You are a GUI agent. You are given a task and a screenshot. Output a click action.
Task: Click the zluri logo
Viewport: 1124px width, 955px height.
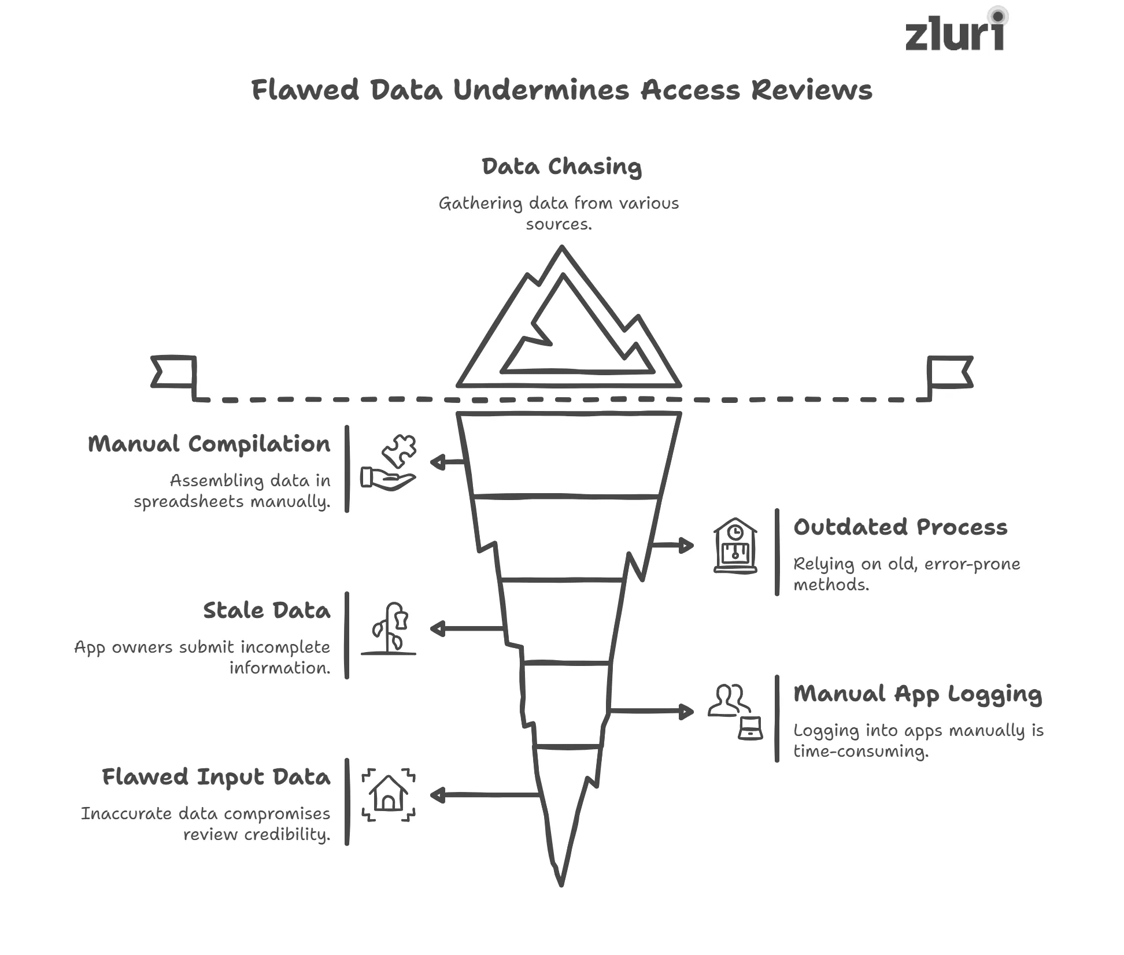click(955, 32)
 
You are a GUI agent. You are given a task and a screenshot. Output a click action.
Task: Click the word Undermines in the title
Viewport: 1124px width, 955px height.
click(541, 91)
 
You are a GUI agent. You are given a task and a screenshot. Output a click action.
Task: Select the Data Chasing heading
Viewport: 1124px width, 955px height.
click(561, 167)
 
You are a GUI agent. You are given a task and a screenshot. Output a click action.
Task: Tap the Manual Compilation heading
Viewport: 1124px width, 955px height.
click(209, 445)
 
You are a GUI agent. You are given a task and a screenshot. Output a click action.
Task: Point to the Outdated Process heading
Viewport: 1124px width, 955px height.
click(900, 528)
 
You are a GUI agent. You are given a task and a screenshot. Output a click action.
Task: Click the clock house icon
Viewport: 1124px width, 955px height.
click(735, 546)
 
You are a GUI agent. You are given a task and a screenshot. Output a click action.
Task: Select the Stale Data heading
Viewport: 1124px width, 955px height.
click(267, 611)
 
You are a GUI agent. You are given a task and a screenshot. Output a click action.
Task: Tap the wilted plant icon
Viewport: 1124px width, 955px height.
click(389, 629)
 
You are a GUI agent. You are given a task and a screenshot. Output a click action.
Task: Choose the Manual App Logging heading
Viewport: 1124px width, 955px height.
click(917, 694)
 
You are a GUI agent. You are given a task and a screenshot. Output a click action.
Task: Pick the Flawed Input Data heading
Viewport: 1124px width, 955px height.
click(216, 778)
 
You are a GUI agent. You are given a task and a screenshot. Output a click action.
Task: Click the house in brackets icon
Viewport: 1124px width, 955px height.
click(389, 795)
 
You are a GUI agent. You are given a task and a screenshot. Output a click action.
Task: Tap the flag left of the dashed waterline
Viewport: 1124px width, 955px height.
click(173, 372)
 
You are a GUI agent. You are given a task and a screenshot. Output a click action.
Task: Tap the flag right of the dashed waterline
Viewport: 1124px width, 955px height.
click(949, 372)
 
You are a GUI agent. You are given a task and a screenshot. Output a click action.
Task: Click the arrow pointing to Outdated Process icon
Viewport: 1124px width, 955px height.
click(674, 545)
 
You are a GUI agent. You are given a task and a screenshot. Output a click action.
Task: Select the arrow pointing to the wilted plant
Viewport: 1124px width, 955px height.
click(465, 628)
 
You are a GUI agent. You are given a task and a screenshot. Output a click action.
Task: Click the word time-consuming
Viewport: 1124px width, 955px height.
click(860, 752)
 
